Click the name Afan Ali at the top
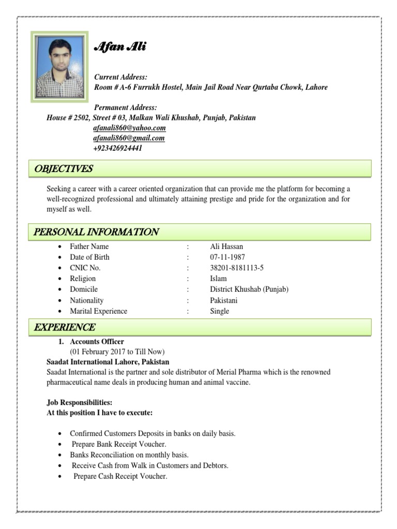pos(120,48)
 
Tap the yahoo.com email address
pos(129,128)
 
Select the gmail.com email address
pos(129,138)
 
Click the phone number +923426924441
pos(118,148)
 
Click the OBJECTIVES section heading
pos(63,169)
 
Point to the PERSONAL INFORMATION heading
pos(96,232)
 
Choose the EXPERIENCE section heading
pos(65,327)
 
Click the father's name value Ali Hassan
pos(226,246)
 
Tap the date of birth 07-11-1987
pos(227,257)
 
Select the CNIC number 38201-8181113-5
pos(237,268)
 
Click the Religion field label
pos(83,278)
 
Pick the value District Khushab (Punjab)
pos(249,289)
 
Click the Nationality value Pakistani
pos(224,300)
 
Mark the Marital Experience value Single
pos(219,311)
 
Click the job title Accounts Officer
pos(97,341)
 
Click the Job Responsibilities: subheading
pos(80,402)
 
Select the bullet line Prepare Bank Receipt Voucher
pos(119,444)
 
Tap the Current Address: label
pos(121,77)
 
